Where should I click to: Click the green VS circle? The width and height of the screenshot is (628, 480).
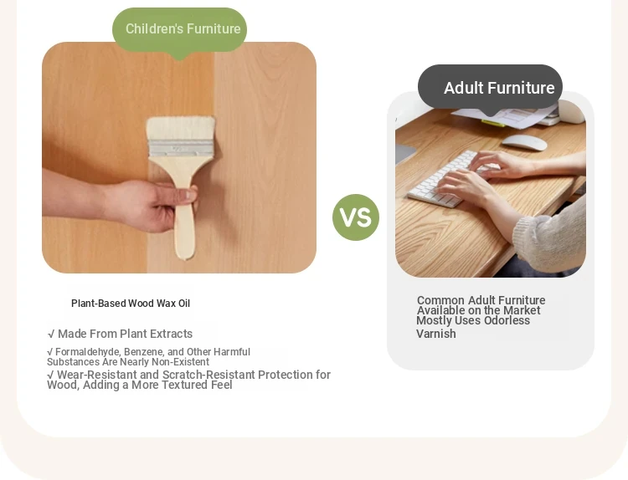(356, 217)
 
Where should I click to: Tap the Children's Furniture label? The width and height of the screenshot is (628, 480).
(183, 28)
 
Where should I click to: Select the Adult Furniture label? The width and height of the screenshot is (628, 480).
(499, 88)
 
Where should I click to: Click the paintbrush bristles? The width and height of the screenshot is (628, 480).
(180, 128)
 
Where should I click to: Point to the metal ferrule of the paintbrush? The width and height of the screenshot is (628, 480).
(181, 148)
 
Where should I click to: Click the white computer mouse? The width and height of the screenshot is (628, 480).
(524, 142)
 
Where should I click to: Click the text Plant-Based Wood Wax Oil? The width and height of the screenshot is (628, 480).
(131, 304)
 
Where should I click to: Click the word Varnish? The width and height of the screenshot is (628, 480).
(436, 334)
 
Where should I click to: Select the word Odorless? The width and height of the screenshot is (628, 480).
(507, 320)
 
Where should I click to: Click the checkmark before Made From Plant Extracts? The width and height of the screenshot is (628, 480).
(51, 334)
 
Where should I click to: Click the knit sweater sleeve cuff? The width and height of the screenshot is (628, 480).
(528, 237)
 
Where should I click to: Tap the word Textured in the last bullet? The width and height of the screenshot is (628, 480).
(181, 385)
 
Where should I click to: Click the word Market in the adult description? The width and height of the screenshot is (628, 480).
(522, 310)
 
